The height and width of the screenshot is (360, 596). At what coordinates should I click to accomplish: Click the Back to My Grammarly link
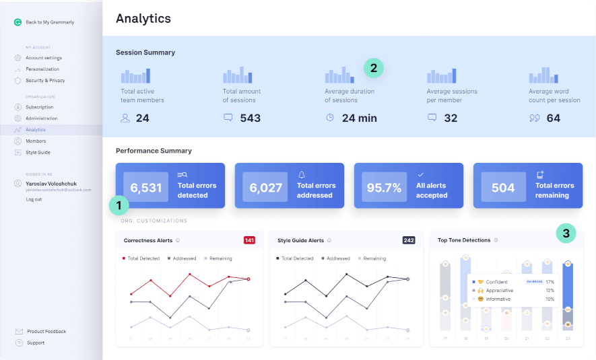point(49,22)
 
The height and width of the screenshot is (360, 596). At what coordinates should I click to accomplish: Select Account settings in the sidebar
point(43,58)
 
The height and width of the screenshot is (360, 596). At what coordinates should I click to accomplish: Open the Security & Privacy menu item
point(45,80)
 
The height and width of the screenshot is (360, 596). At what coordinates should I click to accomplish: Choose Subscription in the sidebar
point(39,107)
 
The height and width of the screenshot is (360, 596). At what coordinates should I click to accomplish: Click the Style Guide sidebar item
point(38,152)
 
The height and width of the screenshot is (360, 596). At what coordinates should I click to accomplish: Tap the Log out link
point(34,199)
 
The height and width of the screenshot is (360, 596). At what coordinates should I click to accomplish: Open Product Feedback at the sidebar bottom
point(46,331)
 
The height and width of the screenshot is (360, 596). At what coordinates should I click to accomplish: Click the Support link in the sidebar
point(36,343)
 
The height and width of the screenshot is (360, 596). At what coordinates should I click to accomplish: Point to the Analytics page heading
point(143,18)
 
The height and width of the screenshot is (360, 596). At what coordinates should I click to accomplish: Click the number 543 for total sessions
point(250,118)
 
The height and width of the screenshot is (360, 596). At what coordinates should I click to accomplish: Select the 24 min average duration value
point(359,118)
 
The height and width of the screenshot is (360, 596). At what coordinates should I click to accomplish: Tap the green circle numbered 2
point(374,68)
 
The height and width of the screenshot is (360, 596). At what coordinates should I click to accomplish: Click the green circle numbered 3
point(566,233)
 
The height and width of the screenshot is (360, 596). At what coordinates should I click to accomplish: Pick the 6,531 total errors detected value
point(145,188)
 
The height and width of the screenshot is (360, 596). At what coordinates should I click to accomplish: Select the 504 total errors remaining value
point(502,188)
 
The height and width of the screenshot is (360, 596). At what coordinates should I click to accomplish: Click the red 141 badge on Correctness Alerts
point(249,240)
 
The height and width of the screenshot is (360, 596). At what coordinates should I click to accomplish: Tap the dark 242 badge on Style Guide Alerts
point(408,240)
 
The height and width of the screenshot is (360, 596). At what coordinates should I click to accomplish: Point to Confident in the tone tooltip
point(496,282)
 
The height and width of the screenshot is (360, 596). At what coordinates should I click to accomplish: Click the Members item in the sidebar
point(36,141)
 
